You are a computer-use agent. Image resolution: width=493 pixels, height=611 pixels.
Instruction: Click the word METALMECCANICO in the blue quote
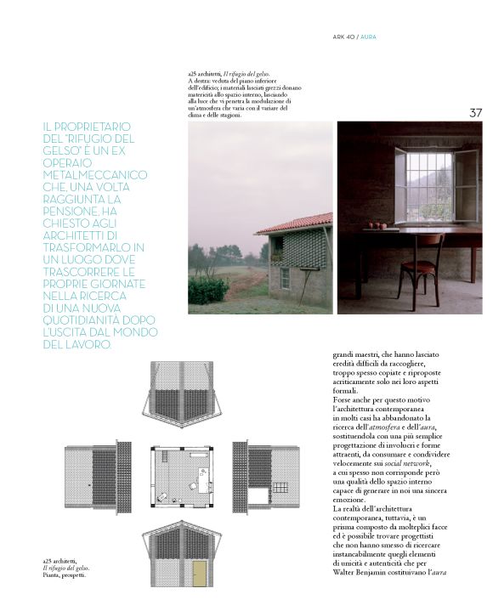click(x=94, y=173)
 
